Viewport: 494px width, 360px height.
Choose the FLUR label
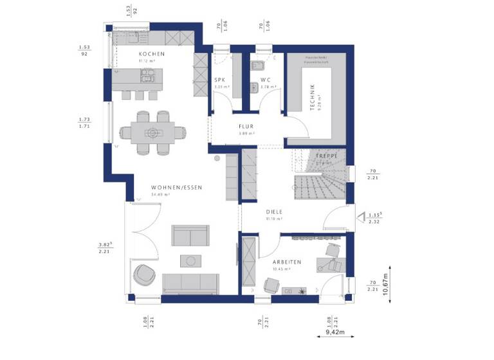click(247, 127)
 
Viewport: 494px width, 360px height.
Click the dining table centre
click(152, 133)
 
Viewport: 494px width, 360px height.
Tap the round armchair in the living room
click(144, 274)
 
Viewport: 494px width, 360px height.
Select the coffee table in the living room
click(191, 260)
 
